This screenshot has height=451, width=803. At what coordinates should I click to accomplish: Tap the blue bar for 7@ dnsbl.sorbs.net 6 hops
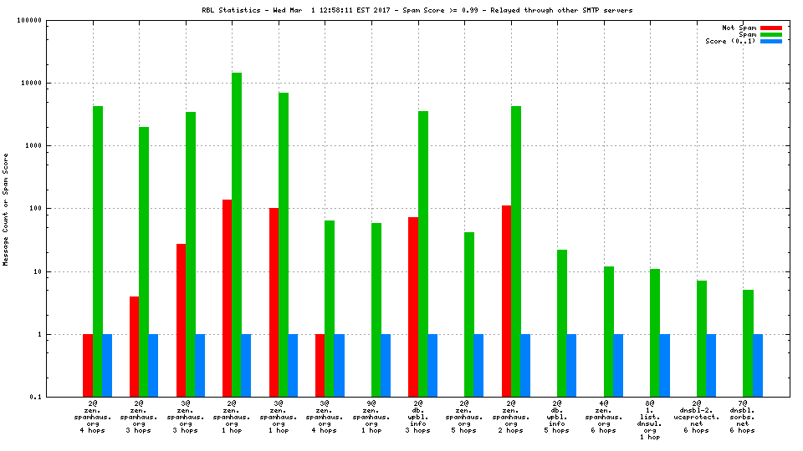pos(757,365)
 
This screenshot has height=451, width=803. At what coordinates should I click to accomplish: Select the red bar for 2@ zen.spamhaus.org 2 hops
pos(506,301)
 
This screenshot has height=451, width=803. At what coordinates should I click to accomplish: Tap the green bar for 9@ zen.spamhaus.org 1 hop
pos(376,310)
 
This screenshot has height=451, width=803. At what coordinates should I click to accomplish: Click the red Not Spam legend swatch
pos(770,28)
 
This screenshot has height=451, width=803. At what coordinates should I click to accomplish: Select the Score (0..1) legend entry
pos(730,41)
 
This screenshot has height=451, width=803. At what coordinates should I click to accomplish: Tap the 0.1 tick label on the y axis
pos(36,398)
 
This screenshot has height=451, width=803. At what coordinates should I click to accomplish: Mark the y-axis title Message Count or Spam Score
pos(6,209)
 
